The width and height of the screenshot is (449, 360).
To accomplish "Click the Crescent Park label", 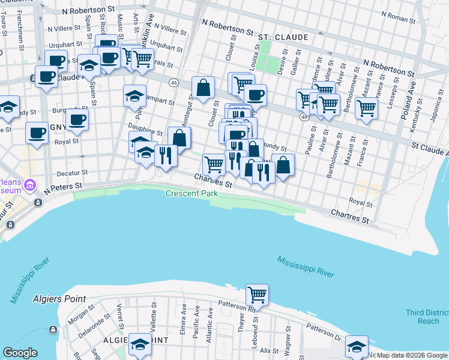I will pos(190,193).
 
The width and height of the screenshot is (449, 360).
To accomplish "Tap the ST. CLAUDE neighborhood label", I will pos(283,37).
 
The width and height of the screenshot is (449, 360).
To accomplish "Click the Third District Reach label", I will pos(427,317).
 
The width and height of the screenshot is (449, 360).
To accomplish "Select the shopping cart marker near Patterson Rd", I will pos(257,295).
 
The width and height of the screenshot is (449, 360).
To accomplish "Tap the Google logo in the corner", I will pos(20,353).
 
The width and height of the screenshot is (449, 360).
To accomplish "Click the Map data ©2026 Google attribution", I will pos(411,355).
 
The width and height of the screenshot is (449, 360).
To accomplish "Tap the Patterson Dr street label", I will pos(324,330).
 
